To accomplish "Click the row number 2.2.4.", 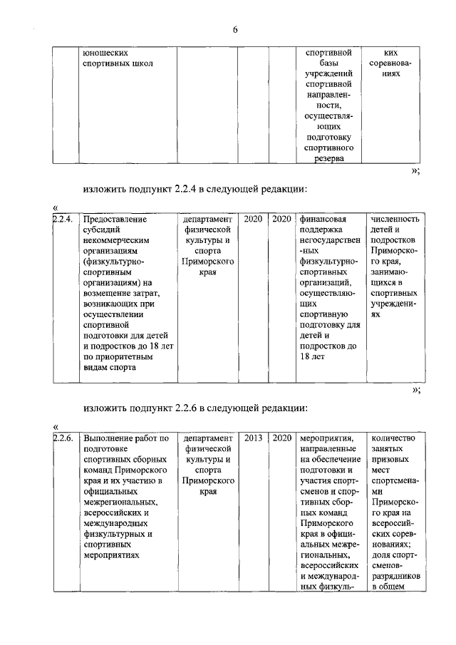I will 63,219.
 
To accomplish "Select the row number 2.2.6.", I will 63,438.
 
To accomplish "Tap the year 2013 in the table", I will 253,438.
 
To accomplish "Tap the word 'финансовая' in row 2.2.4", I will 323,219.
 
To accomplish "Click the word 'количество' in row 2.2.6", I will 393,438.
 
